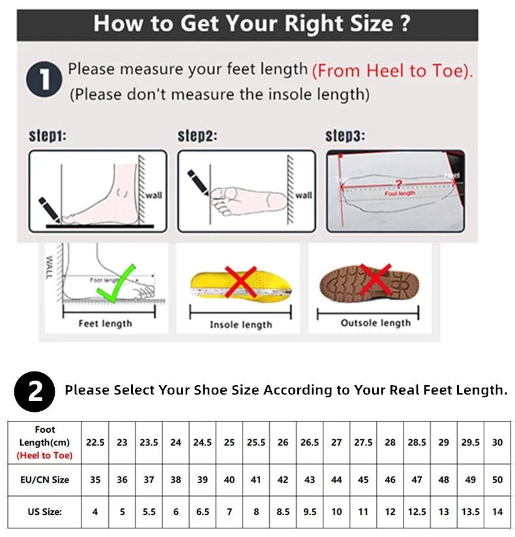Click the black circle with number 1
click(x=44, y=81)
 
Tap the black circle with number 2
click(x=35, y=390)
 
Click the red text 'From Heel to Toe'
click(x=392, y=71)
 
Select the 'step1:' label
click(x=48, y=136)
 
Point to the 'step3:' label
click(x=345, y=136)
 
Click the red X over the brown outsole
click(x=375, y=281)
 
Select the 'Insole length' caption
click(x=241, y=325)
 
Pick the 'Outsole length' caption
click(x=375, y=323)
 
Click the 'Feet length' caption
click(x=105, y=323)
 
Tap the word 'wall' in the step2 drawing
click(x=303, y=195)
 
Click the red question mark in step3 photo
click(x=400, y=184)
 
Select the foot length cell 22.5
click(x=95, y=442)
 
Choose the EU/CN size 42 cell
click(x=283, y=480)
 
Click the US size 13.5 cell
click(x=470, y=512)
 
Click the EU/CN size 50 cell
click(x=497, y=480)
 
